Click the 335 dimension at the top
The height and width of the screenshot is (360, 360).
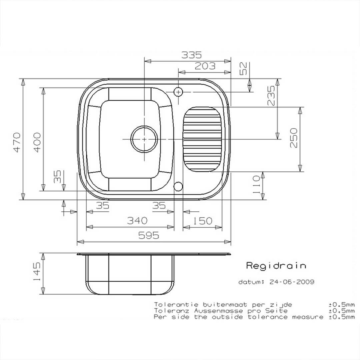pos(191,55)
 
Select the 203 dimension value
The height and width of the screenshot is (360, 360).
pos(205,66)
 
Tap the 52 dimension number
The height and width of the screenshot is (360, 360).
pos(244,69)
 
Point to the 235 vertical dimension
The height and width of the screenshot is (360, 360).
pos(272,96)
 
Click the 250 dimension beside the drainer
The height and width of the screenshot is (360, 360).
pos(294,138)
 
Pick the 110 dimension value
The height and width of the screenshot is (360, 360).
pos(256,185)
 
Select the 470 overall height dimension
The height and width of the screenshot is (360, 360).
pos(17,142)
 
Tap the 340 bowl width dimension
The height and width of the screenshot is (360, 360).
pos(137,221)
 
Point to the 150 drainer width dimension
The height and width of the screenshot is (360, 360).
pos(203,221)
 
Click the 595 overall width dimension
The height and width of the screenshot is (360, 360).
pos(149,236)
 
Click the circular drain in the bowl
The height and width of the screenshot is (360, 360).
pos(144,139)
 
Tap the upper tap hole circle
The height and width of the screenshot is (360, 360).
pos(178,91)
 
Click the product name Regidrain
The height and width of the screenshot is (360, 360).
pos(276,266)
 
